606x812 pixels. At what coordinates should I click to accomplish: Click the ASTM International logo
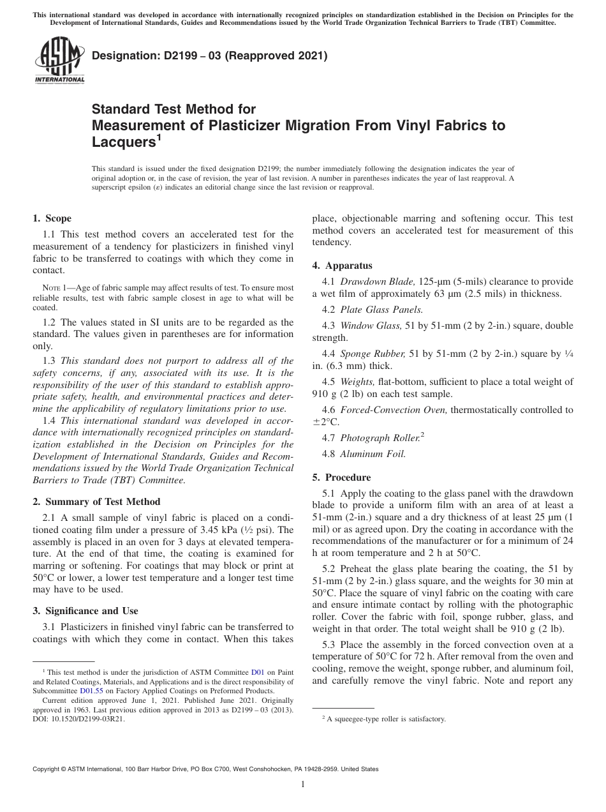coord(59,61)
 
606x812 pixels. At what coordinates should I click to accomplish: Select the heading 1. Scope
coord(52,218)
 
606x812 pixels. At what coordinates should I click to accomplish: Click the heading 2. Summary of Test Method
coord(96,502)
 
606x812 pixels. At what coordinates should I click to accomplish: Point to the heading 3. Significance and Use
coord(85,611)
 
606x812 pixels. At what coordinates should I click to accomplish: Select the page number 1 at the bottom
coord(303,785)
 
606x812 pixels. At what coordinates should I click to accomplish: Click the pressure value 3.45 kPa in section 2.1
coord(214,530)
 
